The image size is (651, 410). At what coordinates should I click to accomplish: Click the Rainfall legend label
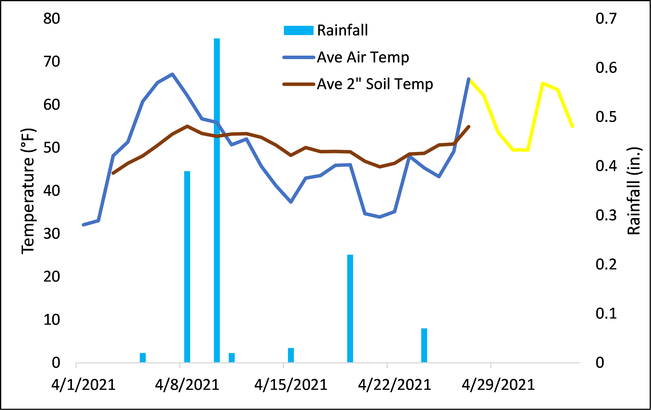pos(342,30)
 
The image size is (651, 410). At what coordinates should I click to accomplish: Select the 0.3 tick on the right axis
pos(606,215)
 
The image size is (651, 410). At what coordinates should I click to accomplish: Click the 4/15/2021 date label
pos(291,385)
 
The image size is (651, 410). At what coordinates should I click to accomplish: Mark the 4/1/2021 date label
pos(83,385)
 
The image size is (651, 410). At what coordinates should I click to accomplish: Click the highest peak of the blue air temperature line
pos(172,74)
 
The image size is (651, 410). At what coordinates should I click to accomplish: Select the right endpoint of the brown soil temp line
pos(469,126)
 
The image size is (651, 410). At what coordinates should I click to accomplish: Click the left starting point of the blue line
pos(83,225)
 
